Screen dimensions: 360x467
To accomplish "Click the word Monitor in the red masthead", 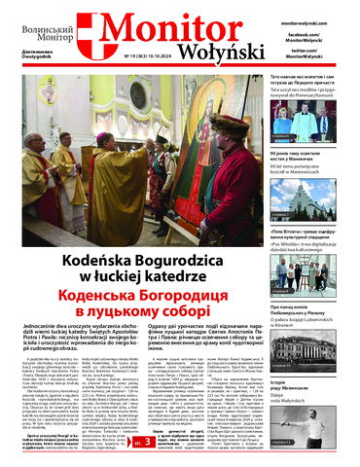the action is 164,28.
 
